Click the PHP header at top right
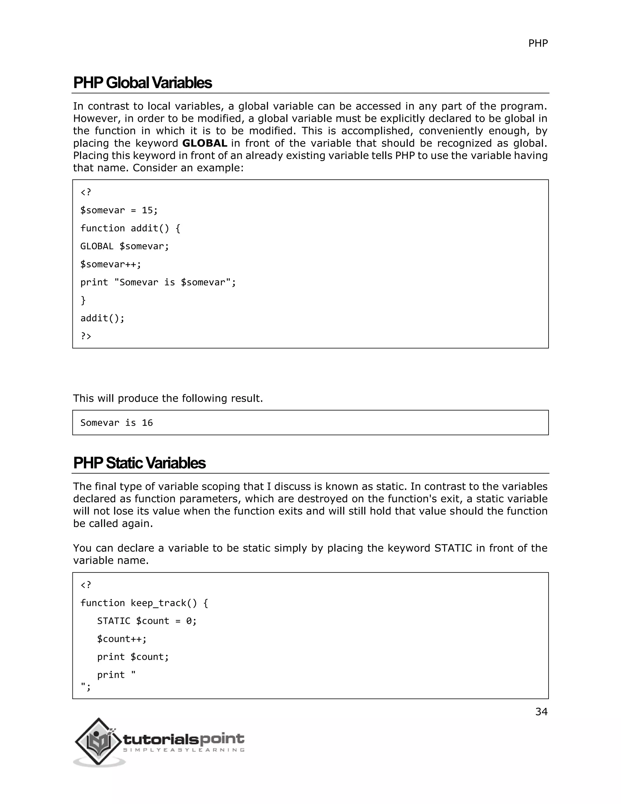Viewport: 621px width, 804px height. point(538,43)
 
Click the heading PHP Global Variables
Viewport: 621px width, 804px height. point(143,83)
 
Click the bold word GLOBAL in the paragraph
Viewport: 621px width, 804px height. point(205,143)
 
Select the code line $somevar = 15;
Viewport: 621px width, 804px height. point(119,210)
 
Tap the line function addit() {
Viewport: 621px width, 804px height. point(130,228)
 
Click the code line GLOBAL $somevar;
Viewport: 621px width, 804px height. point(124,246)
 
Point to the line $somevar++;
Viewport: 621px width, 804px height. point(110,264)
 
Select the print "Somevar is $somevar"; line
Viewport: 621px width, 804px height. point(158,282)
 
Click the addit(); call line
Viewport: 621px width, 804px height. point(102,318)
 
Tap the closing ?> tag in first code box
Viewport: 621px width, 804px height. point(86,336)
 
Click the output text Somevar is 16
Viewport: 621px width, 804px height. point(116,423)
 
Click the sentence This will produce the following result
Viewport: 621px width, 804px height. point(168,398)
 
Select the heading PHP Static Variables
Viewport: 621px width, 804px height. point(139,463)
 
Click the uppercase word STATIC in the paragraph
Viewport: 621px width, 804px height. point(453,548)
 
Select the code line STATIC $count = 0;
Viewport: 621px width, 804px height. point(147,621)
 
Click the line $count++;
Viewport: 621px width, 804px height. point(122,639)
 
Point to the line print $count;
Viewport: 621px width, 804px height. point(133,657)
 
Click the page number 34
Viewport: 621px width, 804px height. point(541,712)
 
